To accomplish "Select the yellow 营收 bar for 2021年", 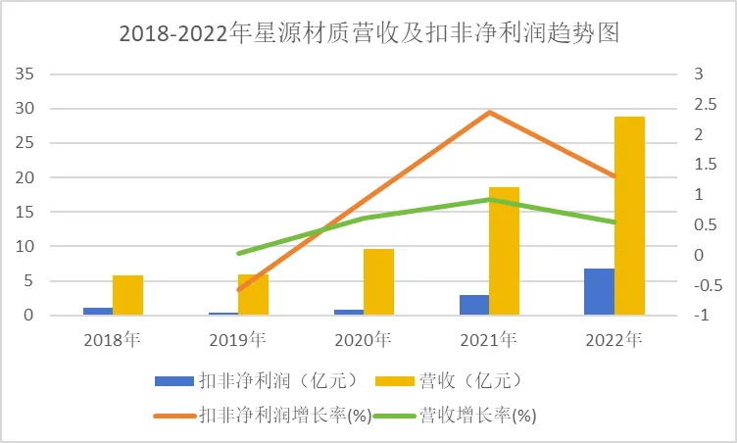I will [504, 251].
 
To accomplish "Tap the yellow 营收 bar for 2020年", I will [378, 282].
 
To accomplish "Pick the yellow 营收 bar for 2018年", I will [127, 295].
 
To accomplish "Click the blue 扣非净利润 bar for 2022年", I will [599, 291].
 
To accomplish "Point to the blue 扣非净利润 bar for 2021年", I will [473, 305].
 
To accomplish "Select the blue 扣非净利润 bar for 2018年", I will [97, 311].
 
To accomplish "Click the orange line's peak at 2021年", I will [489, 112].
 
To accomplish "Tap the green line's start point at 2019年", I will [238, 253].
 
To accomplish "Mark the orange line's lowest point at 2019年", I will [238, 290].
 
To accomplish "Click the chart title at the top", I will [368, 33].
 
